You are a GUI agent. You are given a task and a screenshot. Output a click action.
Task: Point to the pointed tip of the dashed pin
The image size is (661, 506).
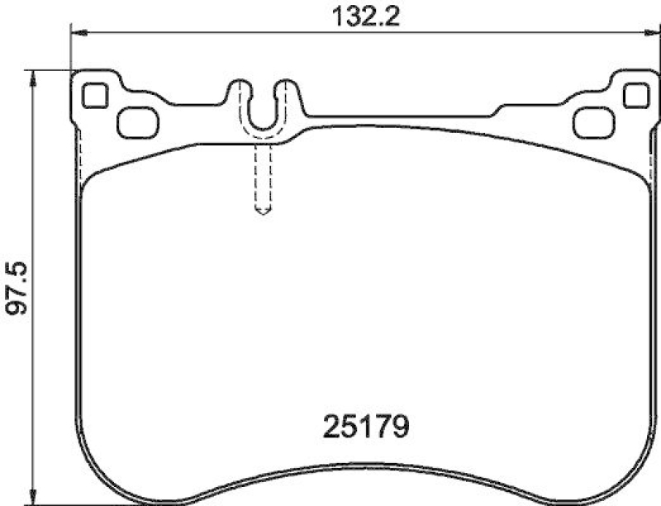(263, 212)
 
